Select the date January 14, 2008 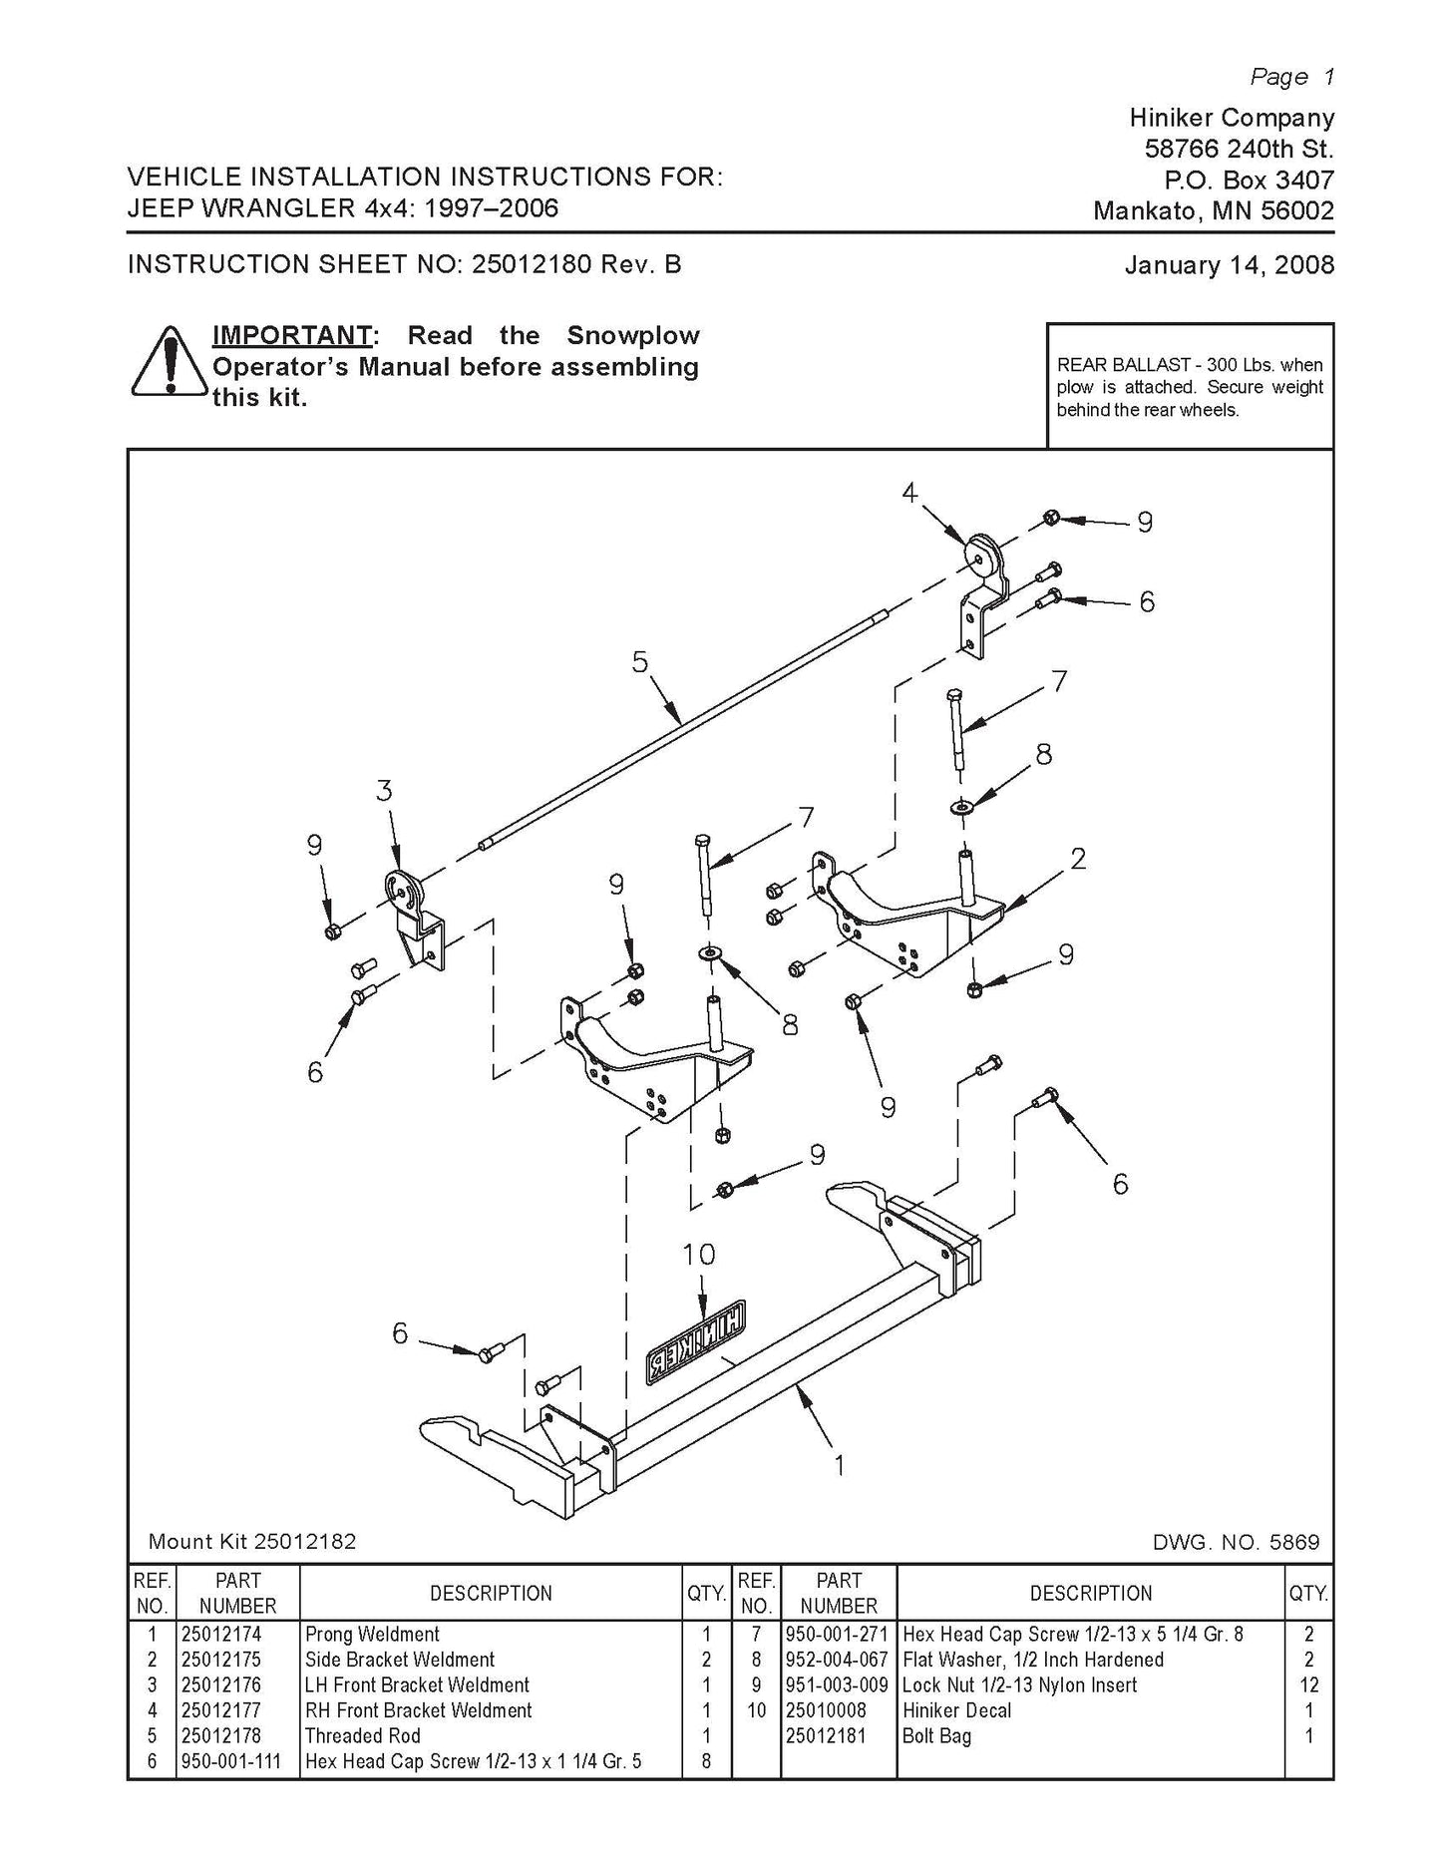1229,265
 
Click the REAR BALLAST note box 1190,387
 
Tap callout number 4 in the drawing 909,492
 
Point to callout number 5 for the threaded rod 639,662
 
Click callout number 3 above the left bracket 384,791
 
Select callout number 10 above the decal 699,1254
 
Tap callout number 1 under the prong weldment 839,1465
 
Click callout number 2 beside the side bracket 1077,858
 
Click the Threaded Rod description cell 363,1735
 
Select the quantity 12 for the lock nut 1308,1685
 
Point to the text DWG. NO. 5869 1235,1542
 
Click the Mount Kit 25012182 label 251,1541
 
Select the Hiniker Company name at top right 1231,118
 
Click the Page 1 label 1291,77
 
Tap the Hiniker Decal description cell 956,1710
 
